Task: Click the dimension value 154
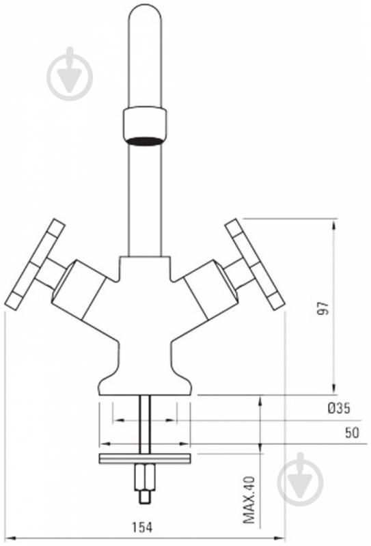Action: click(x=141, y=528)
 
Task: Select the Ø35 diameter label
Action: click(x=339, y=408)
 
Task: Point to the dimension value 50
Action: click(x=352, y=433)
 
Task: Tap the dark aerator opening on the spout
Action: click(x=144, y=141)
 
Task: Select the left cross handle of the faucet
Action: click(x=35, y=263)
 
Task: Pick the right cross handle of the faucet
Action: click(x=256, y=263)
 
